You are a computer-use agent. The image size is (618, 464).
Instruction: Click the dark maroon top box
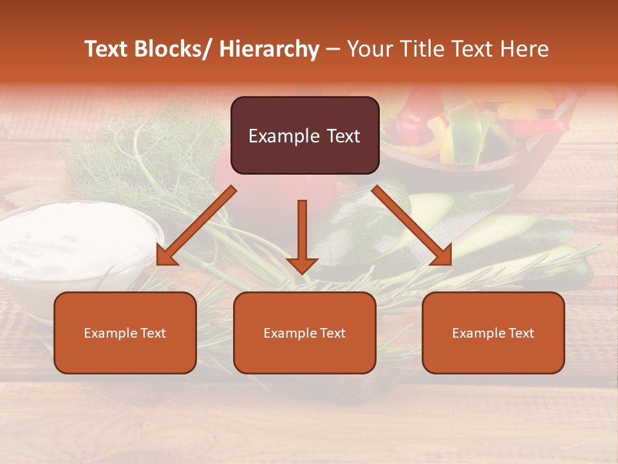point(304,135)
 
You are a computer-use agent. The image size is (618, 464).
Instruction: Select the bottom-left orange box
point(125,333)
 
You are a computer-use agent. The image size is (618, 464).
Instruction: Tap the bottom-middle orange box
point(304,333)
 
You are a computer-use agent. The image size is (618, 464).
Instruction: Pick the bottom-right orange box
point(493,333)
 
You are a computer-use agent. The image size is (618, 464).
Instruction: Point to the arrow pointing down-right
point(412,226)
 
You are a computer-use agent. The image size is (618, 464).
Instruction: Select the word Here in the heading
point(524,49)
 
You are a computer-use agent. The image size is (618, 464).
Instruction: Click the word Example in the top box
point(284,136)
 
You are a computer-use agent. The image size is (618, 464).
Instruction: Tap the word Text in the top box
point(342,136)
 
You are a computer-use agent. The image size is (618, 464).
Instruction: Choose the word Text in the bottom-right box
point(521,333)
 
